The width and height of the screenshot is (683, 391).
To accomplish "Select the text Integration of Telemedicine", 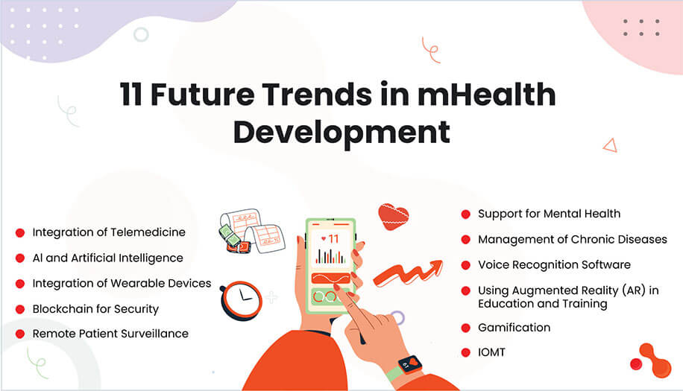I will (109, 232).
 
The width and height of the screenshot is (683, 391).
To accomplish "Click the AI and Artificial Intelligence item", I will (107, 258).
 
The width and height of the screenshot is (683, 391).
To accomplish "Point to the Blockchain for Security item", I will (95, 308).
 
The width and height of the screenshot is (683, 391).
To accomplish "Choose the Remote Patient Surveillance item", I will (110, 334).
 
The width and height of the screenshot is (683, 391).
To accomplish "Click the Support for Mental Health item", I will (549, 214).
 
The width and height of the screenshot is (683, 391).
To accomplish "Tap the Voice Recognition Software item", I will (554, 264).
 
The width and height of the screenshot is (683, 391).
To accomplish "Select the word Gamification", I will (514, 328).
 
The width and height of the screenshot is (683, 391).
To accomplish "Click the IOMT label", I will (491, 352).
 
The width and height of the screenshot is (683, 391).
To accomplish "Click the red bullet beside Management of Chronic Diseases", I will (465, 240).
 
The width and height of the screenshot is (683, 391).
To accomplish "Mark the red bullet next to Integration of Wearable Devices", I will (20, 284).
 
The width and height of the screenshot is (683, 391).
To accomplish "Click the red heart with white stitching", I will (393, 217).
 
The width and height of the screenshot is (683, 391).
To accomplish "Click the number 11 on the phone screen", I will (330, 239).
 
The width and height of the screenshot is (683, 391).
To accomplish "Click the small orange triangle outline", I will (610, 145).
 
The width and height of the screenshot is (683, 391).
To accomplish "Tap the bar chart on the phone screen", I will (330, 256).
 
